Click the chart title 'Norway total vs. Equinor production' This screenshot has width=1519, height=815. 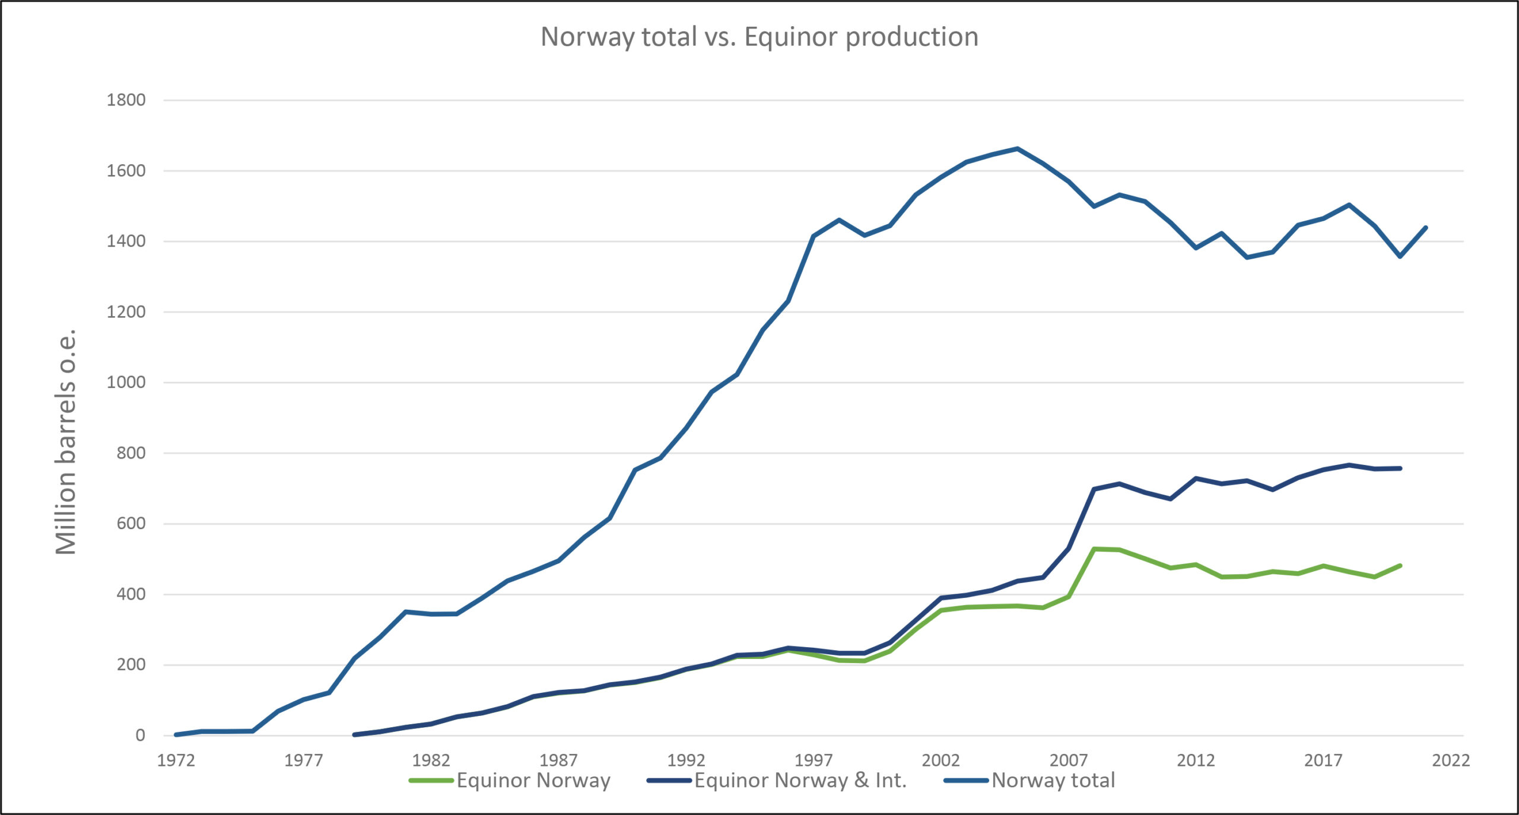coord(759,37)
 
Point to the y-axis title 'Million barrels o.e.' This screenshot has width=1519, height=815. coord(66,442)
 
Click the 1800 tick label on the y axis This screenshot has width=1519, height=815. coord(126,100)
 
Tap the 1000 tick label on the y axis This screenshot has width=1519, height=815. coord(126,383)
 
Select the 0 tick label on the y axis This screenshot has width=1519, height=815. coord(140,736)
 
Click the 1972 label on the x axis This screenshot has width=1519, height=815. coord(176,760)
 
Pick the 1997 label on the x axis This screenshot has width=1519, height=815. coord(813,760)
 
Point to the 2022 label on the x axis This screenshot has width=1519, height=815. coord(1451,760)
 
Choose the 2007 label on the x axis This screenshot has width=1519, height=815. coord(1069,760)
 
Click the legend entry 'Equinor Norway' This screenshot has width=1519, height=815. coord(533,781)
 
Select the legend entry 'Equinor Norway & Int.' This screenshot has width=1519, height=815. coord(800,781)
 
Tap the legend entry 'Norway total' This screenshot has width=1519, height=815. coord(1053,781)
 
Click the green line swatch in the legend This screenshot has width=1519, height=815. coord(431,781)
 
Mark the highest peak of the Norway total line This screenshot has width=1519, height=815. coord(1018,148)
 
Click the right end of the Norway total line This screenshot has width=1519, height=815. coord(1426,227)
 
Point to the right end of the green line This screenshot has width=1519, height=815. coord(1400,565)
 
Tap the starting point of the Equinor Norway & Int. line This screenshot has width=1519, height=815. coord(354,734)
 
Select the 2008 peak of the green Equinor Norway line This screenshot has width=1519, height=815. coord(1094,549)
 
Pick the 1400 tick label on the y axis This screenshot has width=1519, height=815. coord(126,241)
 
